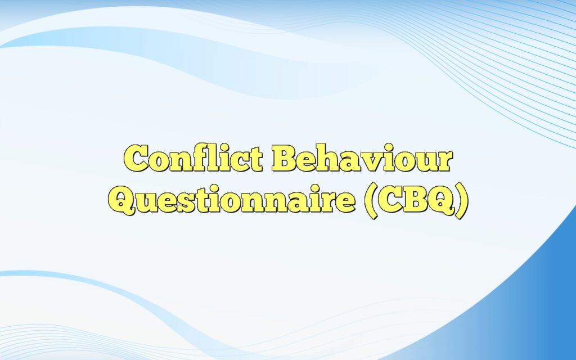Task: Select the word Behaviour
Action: pyautogui.click(x=362, y=159)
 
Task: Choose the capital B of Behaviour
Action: pyautogui.click(x=285, y=159)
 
